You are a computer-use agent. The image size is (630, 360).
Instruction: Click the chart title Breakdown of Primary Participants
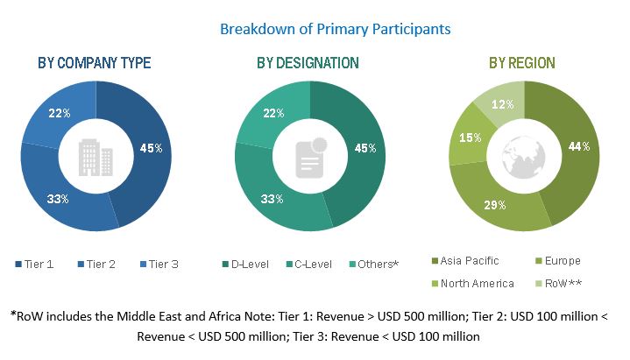pyautogui.click(x=335, y=29)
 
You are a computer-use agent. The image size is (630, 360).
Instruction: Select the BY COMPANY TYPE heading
pyautogui.click(x=94, y=63)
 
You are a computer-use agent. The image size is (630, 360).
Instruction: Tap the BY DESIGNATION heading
pyautogui.click(x=308, y=63)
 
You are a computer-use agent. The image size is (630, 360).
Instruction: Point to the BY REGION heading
pyautogui.click(x=521, y=63)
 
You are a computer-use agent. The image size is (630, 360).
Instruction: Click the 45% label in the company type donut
pyautogui.click(x=152, y=148)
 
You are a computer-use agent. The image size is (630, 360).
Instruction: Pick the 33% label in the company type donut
pyautogui.click(x=59, y=199)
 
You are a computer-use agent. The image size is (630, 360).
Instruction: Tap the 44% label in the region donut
pyautogui.click(x=576, y=146)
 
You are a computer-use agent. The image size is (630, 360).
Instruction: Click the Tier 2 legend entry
pyautogui.click(x=98, y=264)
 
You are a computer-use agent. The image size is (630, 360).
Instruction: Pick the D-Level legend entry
pyautogui.click(x=246, y=264)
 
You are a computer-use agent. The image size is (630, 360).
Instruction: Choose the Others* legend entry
pyautogui.click(x=374, y=264)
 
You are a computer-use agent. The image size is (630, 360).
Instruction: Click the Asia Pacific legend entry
pyautogui.click(x=468, y=261)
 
